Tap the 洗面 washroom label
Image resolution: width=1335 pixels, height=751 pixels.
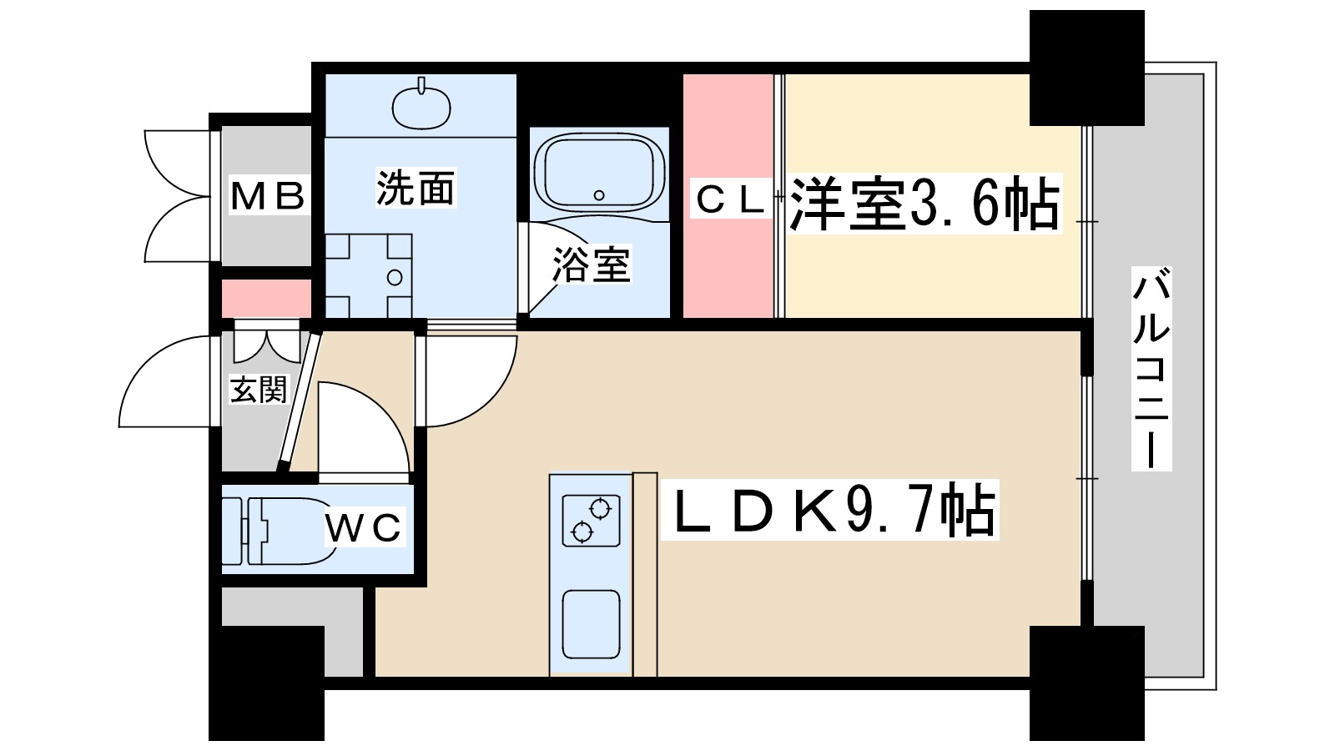click(x=416, y=189)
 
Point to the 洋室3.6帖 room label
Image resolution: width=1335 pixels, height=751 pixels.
click(x=924, y=204)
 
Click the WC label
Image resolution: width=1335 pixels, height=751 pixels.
click(x=364, y=527)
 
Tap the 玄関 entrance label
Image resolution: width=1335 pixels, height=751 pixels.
click(x=259, y=390)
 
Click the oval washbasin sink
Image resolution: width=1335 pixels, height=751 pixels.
click(x=421, y=108)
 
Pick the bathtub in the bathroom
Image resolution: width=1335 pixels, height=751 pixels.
click(x=599, y=173)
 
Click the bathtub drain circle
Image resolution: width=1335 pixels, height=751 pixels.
click(x=599, y=195)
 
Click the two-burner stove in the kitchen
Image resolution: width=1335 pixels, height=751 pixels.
click(x=591, y=520)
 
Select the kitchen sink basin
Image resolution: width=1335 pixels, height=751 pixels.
click(x=592, y=624)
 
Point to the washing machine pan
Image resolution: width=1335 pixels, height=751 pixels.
click(x=368, y=275)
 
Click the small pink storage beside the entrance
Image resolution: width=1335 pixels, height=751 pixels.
click(x=266, y=298)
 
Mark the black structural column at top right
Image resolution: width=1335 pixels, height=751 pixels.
click(x=1087, y=68)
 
